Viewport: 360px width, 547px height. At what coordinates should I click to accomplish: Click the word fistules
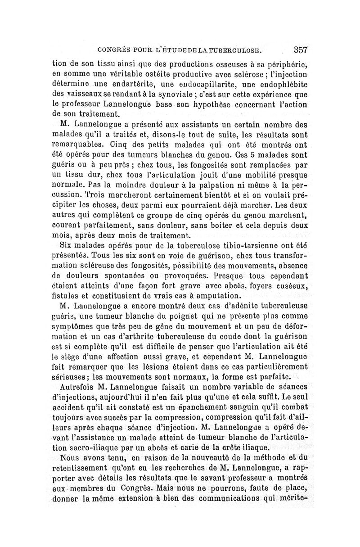coord(66,296)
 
